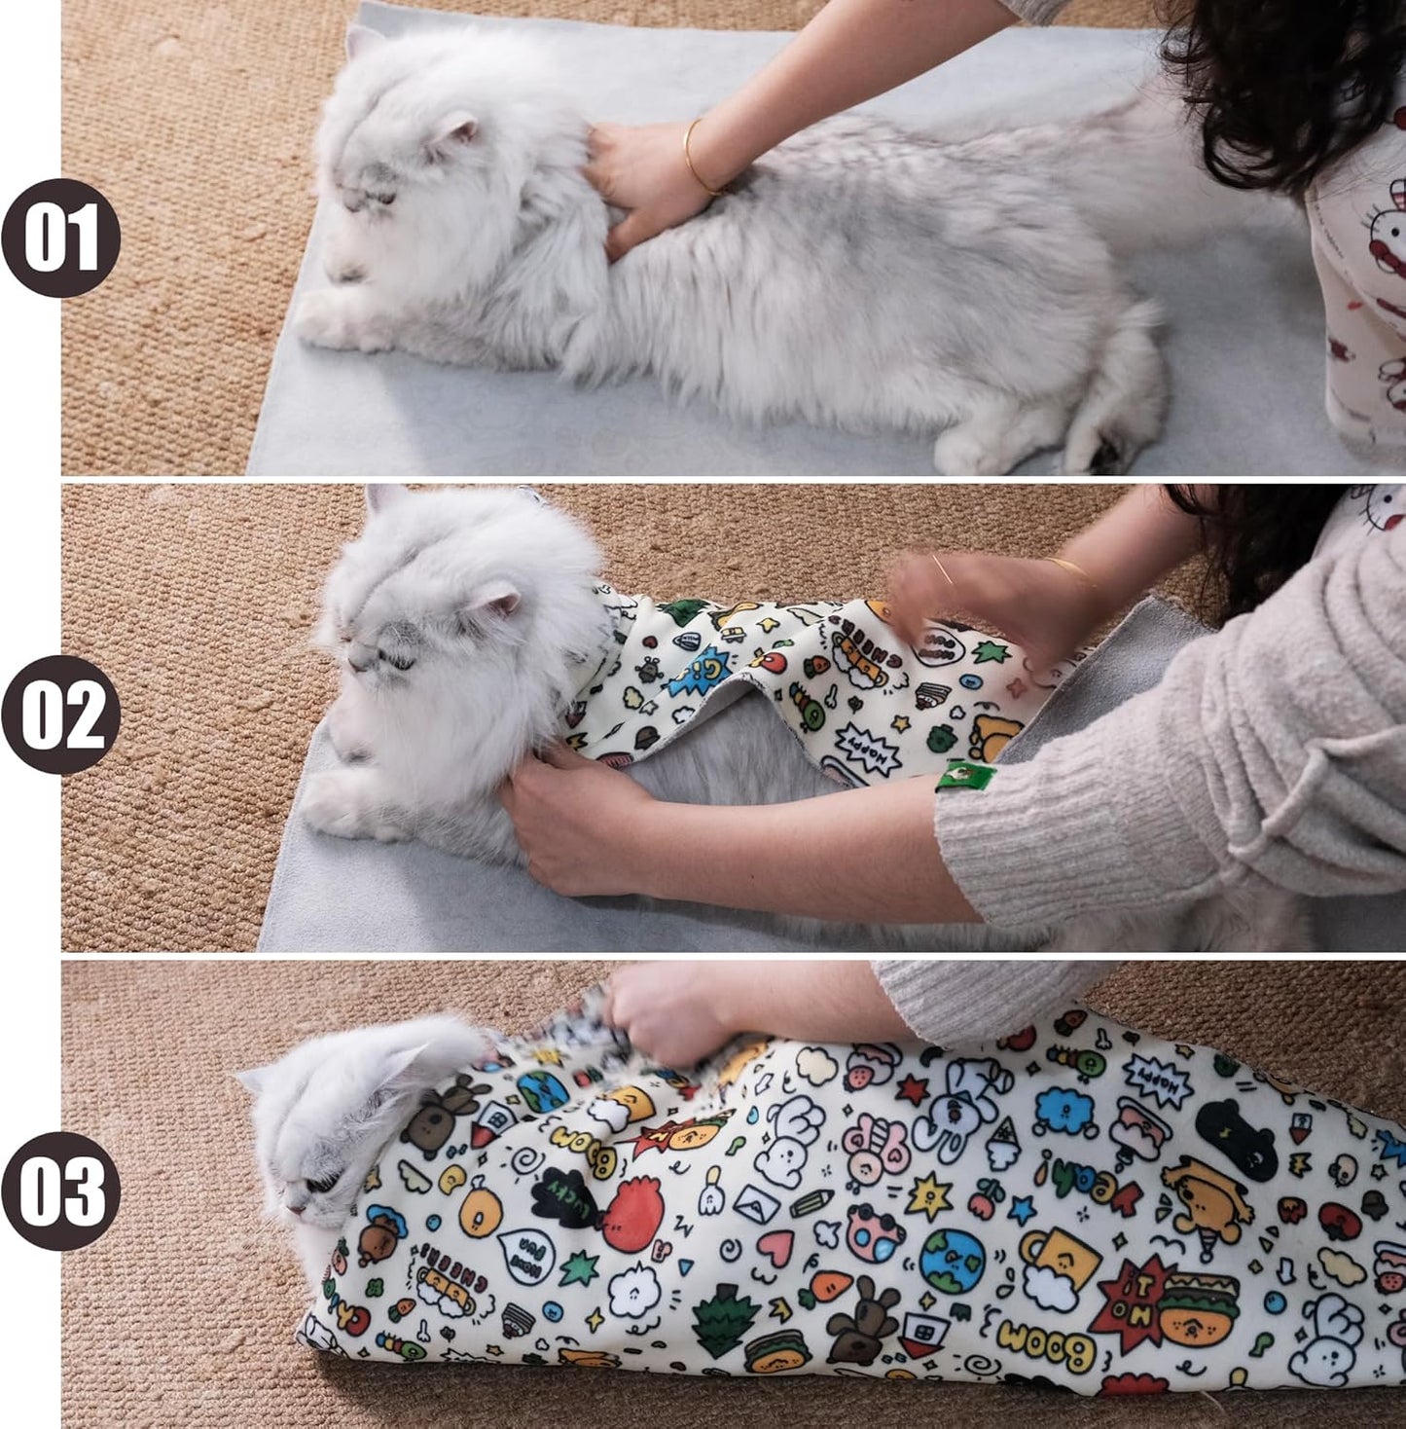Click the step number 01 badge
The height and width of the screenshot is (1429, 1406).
[60, 238]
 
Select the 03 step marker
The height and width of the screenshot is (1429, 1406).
[60, 1191]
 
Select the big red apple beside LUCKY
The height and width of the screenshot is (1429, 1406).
[633, 1210]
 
